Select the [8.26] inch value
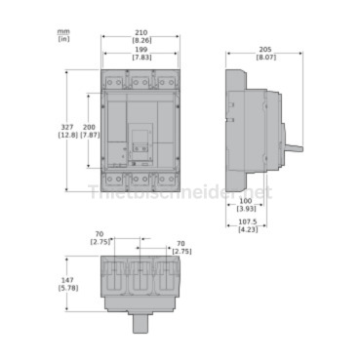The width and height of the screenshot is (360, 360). [x=141, y=39]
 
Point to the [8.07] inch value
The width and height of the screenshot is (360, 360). [x=265, y=57]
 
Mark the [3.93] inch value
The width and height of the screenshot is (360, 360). [x=248, y=209]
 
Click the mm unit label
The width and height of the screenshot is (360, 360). [x=63, y=31]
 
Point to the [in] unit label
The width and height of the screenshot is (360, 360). [x=63, y=40]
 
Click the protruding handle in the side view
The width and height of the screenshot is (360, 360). [x=293, y=148]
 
